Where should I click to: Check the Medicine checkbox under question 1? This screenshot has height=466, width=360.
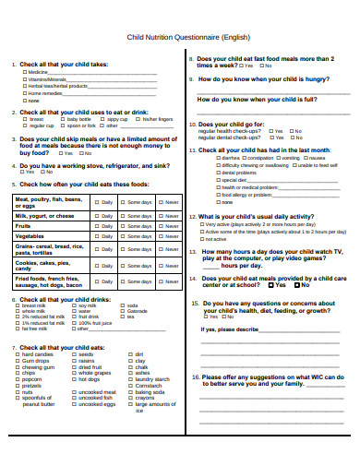coord(25,72)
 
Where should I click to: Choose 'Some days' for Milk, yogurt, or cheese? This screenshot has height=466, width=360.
coord(124,215)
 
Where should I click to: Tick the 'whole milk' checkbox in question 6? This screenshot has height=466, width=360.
coord(18,311)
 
